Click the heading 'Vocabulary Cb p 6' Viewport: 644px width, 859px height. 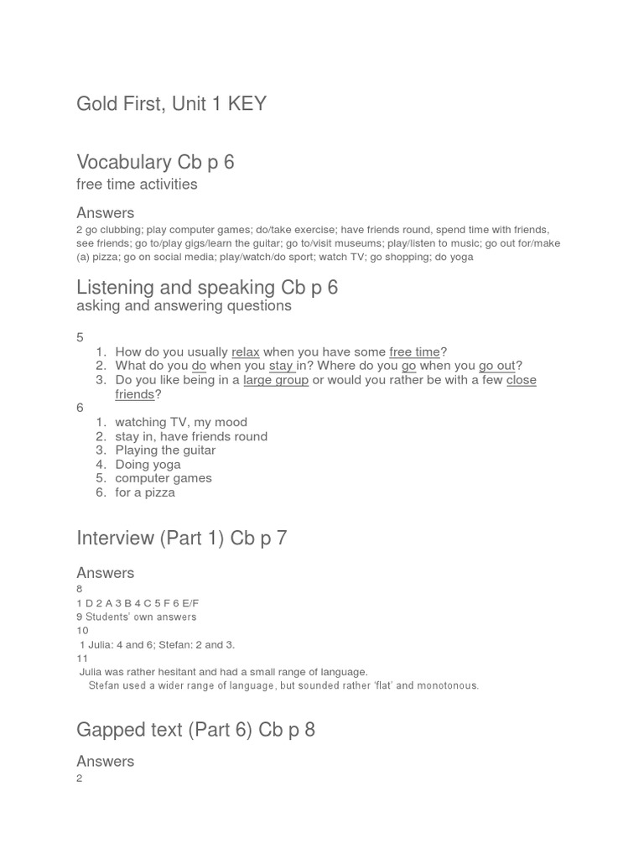click(x=155, y=162)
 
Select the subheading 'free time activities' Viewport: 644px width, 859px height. click(x=137, y=185)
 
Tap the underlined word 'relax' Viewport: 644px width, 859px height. click(x=246, y=352)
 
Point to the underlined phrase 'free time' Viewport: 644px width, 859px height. click(x=414, y=352)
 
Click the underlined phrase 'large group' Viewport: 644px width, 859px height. click(x=276, y=380)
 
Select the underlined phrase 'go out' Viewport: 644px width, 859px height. click(x=497, y=366)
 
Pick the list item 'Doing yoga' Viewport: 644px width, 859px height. click(x=148, y=465)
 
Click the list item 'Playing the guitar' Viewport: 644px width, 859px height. click(x=165, y=450)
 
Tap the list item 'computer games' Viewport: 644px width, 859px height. click(x=164, y=478)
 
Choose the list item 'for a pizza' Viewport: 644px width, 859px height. click(x=145, y=492)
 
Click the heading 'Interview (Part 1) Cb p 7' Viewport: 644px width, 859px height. click(x=181, y=538)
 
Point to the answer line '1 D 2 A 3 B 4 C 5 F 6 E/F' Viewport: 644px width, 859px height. click(x=138, y=603)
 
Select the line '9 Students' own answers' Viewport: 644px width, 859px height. click(x=137, y=617)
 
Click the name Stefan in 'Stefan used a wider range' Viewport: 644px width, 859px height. click(x=105, y=685)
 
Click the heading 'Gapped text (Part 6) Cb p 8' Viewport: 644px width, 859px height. click(x=195, y=730)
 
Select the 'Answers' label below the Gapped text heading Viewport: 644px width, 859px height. click(x=105, y=762)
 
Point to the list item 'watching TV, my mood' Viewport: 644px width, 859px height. click(x=181, y=422)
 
